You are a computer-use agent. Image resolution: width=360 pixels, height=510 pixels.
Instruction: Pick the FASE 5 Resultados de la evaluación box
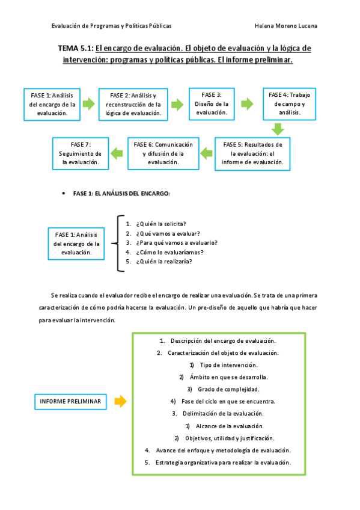click(252, 153)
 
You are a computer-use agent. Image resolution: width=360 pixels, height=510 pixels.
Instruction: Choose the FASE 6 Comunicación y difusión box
click(163, 153)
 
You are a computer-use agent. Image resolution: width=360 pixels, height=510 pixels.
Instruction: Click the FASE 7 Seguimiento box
click(80, 153)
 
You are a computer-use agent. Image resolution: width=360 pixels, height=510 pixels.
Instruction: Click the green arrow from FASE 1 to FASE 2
click(88, 104)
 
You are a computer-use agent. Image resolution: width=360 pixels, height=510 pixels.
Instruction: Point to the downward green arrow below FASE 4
click(277, 129)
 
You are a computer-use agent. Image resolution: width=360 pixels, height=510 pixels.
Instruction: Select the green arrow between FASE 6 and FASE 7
click(118, 153)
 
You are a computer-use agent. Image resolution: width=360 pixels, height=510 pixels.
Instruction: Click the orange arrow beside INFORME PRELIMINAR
click(120, 401)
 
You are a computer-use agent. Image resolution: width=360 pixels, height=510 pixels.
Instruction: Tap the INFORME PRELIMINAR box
click(70, 401)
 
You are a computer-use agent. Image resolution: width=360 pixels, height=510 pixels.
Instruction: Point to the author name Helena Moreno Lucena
click(287, 26)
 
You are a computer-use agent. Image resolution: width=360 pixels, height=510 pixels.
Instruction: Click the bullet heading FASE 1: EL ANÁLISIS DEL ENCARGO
click(121, 194)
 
